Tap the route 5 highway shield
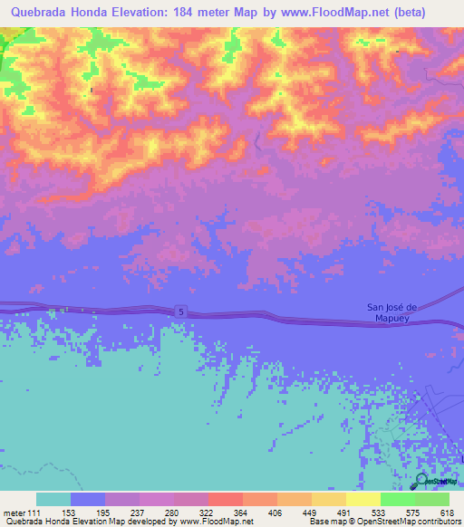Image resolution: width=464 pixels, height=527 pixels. click(181, 311)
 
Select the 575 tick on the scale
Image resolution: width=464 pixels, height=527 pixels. click(415, 513)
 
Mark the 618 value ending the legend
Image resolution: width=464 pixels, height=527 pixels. click(449, 513)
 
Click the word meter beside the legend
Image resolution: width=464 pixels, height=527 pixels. click(14, 513)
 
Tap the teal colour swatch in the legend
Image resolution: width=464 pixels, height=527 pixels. click(53, 500)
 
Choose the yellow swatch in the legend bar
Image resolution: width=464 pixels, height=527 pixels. click(362, 500)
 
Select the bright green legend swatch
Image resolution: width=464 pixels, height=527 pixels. click(397, 500)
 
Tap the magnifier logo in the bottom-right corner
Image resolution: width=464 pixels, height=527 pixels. click(423, 482)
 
